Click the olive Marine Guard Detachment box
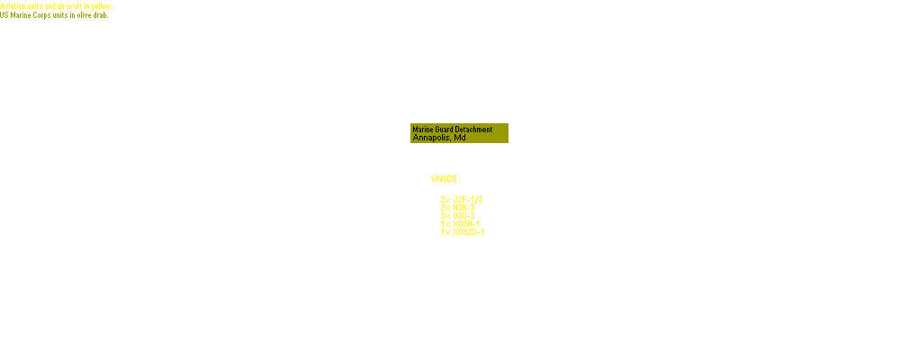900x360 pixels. pyautogui.click(x=459, y=133)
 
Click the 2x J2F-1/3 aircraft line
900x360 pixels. pyautogui.click(x=462, y=199)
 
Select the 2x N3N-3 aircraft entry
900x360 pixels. pyautogui.click(x=458, y=207)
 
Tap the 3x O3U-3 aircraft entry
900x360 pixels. pyautogui.click(x=458, y=216)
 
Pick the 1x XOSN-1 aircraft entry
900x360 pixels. pyautogui.click(x=460, y=224)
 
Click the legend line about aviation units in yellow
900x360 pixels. pyautogui.click(x=56, y=5)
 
